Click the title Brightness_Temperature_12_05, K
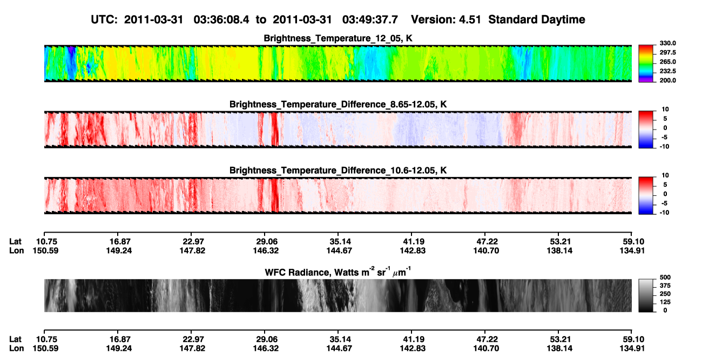point(338,38)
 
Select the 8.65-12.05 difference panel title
point(338,104)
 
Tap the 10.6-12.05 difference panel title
point(338,171)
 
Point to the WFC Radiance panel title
point(338,272)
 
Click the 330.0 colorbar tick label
point(667,43)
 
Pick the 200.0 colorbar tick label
point(667,80)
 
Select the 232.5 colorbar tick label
point(667,71)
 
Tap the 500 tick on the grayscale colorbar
point(665,277)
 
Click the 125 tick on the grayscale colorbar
point(665,302)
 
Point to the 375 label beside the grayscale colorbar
point(665,286)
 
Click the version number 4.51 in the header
point(470,20)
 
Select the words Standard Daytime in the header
point(537,20)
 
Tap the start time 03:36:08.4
point(221,20)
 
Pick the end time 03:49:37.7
point(370,20)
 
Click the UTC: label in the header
point(104,20)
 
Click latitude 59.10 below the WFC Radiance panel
point(632,339)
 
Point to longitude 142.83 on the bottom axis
point(413,349)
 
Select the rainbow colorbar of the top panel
point(646,64)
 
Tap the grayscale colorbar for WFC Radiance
point(646,295)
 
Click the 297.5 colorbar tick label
point(667,53)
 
